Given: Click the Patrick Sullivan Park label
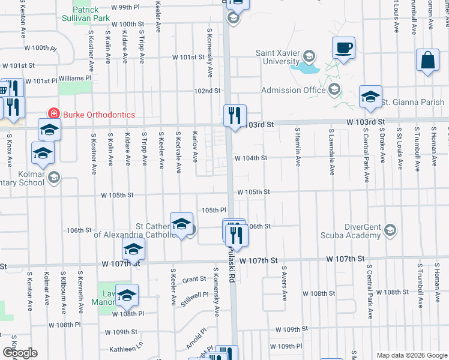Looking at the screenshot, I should (91, 14).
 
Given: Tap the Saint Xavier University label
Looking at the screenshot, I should (277, 57).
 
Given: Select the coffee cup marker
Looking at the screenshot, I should (343, 47).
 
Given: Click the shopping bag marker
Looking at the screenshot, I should (427, 61).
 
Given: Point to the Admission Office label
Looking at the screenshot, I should (293, 90).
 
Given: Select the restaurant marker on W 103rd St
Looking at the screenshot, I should (235, 115).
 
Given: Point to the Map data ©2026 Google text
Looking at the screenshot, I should (411, 355).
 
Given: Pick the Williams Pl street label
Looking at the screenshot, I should (74, 78).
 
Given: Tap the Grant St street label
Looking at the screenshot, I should (194, 279).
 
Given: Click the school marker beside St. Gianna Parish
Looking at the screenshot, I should (370, 97).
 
